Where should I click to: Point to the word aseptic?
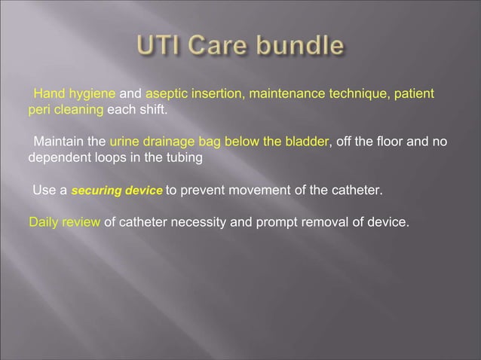tap(166, 94)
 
